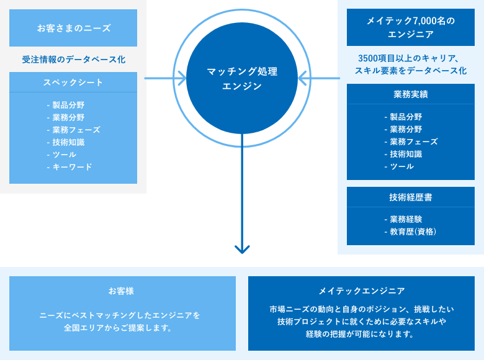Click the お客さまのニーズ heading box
(73, 28)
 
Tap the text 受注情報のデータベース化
(73, 60)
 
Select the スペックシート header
(73, 82)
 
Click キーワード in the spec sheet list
(72, 167)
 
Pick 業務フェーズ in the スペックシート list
(76, 130)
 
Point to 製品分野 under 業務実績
(406, 117)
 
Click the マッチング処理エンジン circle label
(242, 78)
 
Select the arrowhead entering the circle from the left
(182, 78)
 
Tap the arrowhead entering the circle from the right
(302, 78)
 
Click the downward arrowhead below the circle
(242, 250)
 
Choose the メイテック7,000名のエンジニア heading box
(411, 27)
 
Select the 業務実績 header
(411, 94)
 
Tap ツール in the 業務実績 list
(402, 166)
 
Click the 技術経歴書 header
(411, 197)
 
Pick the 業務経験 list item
(406, 219)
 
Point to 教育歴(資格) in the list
(413, 232)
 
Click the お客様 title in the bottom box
(121, 291)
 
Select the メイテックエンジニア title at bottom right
(362, 291)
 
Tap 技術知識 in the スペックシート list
(68, 142)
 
